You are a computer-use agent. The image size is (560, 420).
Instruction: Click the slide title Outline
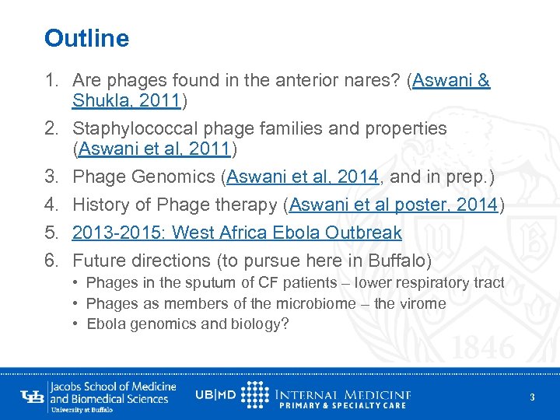tap(87, 37)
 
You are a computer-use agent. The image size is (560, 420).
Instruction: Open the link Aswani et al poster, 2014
tap(394, 205)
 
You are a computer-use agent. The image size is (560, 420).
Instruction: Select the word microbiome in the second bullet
tap(296, 303)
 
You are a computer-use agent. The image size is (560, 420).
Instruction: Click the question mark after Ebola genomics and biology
tap(285, 324)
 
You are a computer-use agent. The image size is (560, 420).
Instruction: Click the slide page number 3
tap(532, 397)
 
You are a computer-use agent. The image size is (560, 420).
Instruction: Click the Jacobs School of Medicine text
tap(113, 387)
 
